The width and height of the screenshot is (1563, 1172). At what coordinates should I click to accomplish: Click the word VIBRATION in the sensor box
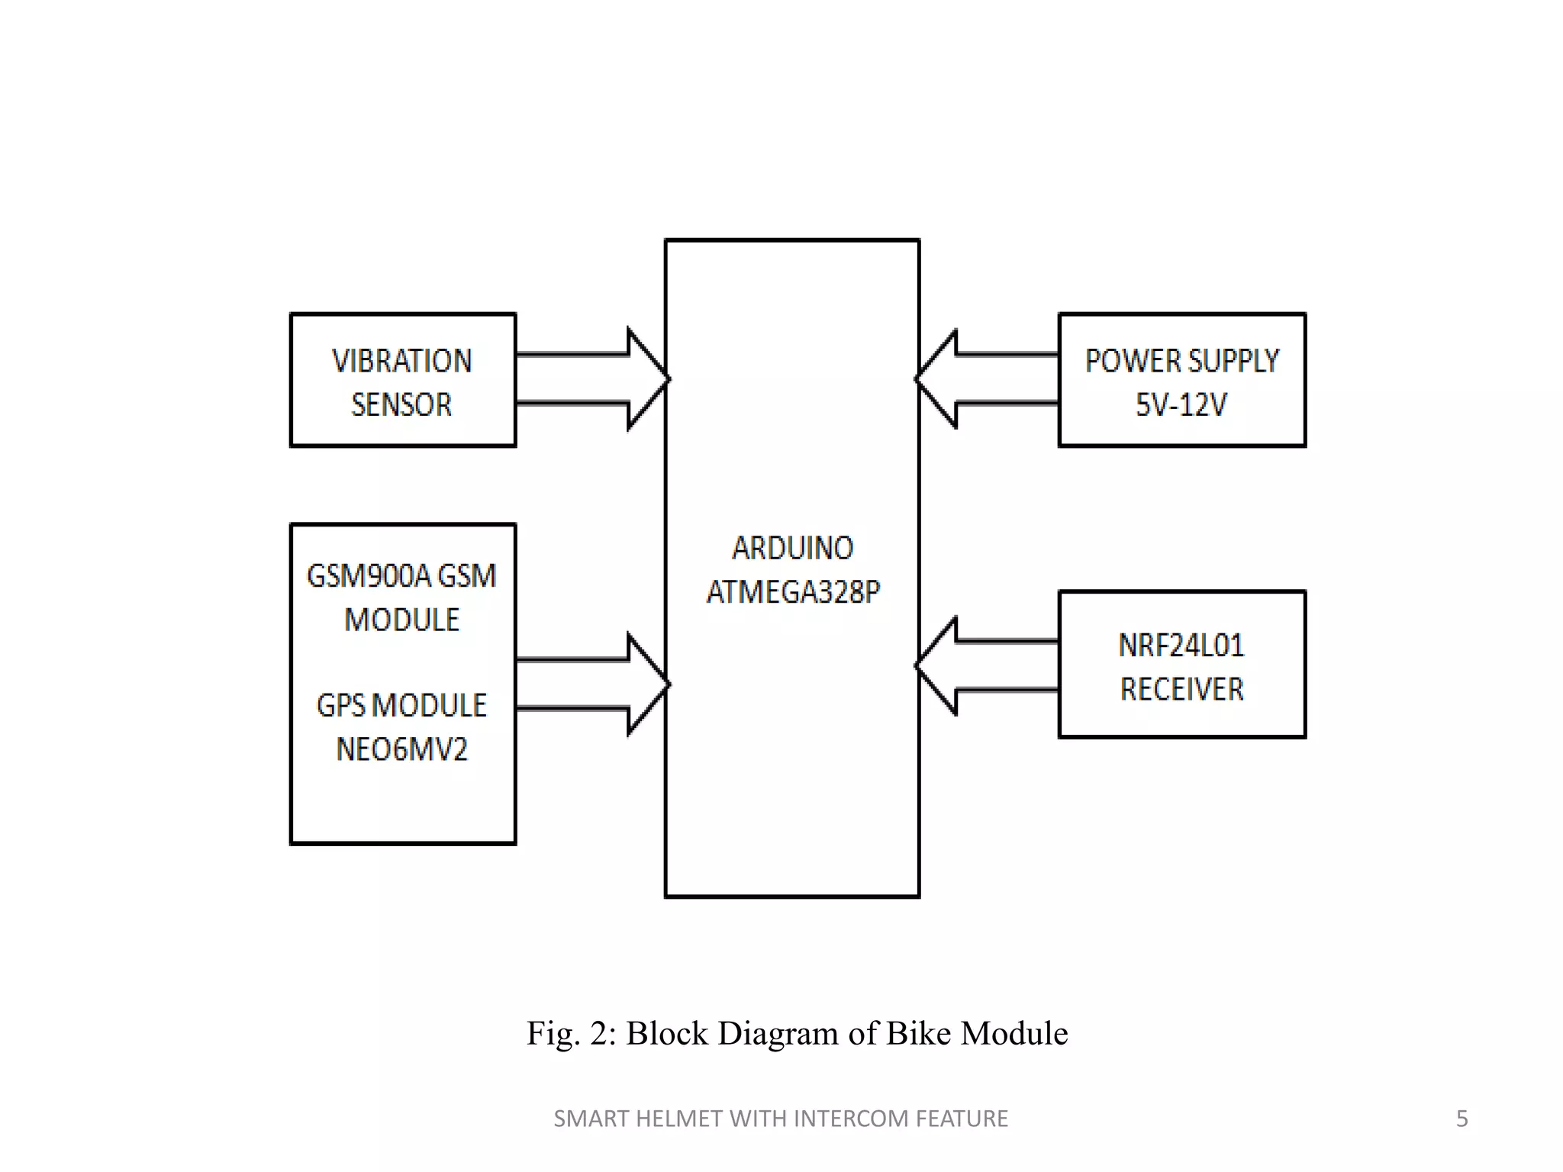point(402,361)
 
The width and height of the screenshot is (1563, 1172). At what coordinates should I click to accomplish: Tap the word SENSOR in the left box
point(401,404)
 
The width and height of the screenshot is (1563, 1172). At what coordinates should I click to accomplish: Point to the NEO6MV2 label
point(401,749)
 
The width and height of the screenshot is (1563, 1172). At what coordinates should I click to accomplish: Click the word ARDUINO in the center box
point(792,548)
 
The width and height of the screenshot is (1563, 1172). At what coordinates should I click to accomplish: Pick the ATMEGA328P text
point(793,592)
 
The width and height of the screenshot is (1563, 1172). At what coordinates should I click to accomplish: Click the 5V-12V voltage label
point(1181,404)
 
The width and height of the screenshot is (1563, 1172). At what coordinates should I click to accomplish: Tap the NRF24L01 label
point(1181,646)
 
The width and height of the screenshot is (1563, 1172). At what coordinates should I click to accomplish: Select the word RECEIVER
point(1181,689)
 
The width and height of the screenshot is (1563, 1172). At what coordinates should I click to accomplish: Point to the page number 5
point(1461,1119)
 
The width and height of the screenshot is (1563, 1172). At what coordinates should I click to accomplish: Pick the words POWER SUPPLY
point(1181,361)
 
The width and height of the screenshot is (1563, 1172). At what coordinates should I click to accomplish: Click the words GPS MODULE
point(401,706)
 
